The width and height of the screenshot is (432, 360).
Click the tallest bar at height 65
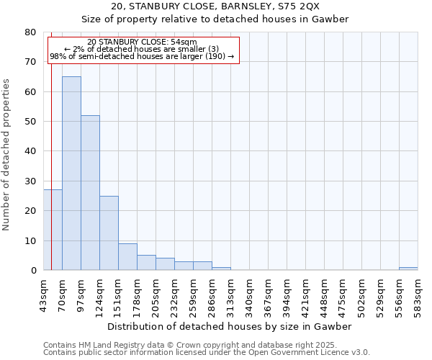click(71, 173)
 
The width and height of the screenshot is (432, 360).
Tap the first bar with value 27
click(53, 230)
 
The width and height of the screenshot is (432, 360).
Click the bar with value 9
click(127, 256)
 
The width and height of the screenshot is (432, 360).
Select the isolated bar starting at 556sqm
click(408, 269)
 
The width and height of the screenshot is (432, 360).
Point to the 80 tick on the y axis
click(30, 32)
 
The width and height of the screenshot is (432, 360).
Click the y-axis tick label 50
click(30, 122)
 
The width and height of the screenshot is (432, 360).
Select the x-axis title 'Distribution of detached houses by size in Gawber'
click(230, 326)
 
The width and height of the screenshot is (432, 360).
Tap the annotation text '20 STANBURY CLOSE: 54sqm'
click(142, 42)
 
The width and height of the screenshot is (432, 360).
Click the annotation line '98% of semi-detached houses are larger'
click(142, 56)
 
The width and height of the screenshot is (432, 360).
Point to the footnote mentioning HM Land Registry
click(205, 345)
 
